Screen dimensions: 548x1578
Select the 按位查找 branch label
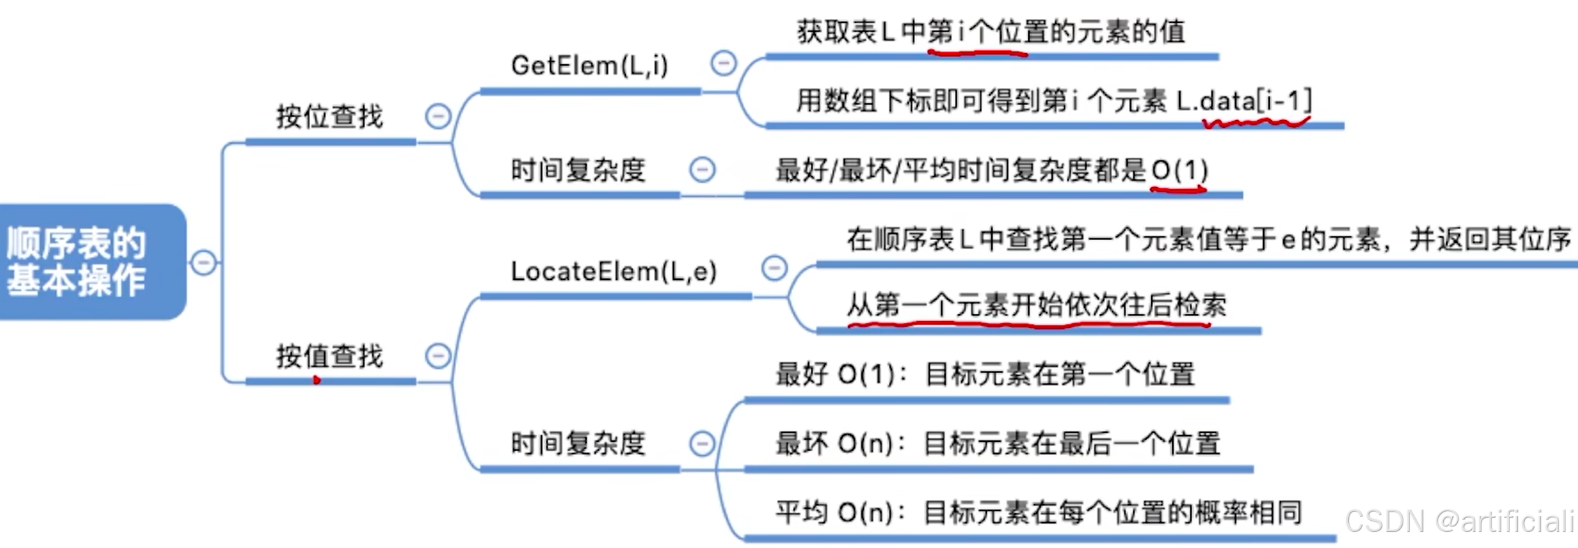tap(330, 117)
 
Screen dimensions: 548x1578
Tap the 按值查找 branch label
tap(330, 356)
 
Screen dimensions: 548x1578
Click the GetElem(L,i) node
tap(590, 66)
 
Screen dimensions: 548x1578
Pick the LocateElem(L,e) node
tap(613, 272)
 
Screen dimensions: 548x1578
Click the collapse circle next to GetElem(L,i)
tap(724, 64)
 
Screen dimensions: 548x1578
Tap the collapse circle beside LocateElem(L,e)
tap(774, 268)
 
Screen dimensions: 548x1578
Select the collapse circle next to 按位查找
tap(438, 116)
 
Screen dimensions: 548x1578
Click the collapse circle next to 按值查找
tap(438, 356)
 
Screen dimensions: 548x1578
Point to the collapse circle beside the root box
tap(203, 262)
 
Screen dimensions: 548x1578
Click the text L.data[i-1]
tap(1244, 101)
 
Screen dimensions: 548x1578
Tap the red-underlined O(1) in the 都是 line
tap(1179, 170)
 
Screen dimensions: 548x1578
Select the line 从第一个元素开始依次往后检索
tap(1036, 305)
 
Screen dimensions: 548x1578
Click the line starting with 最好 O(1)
tap(985, 374)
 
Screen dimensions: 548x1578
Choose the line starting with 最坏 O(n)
tap(998, 443)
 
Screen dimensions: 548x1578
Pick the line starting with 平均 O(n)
tap(1038, 512)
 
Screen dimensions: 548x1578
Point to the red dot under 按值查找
tap(316, 380)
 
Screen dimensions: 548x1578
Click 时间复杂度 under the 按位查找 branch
tap(578, 170)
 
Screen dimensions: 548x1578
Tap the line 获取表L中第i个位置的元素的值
tap(991, 32)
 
